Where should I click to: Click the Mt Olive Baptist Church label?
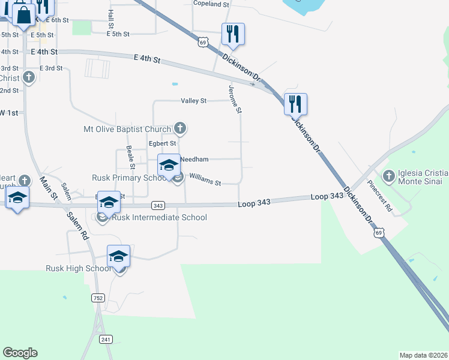128,128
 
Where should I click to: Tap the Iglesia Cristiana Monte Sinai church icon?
388,176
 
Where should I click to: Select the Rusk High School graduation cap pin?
119,256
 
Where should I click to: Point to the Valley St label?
194,101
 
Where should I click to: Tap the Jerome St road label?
235,100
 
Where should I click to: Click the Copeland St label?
211,4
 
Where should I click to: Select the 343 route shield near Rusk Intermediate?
158,205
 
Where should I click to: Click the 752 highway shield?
97,298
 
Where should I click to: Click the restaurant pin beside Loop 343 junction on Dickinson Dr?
295,104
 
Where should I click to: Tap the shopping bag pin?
22,16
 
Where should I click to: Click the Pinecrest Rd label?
381,197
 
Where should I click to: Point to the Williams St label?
205,178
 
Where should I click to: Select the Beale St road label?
130,157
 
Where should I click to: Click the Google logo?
20,352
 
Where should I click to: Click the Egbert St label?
162,143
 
